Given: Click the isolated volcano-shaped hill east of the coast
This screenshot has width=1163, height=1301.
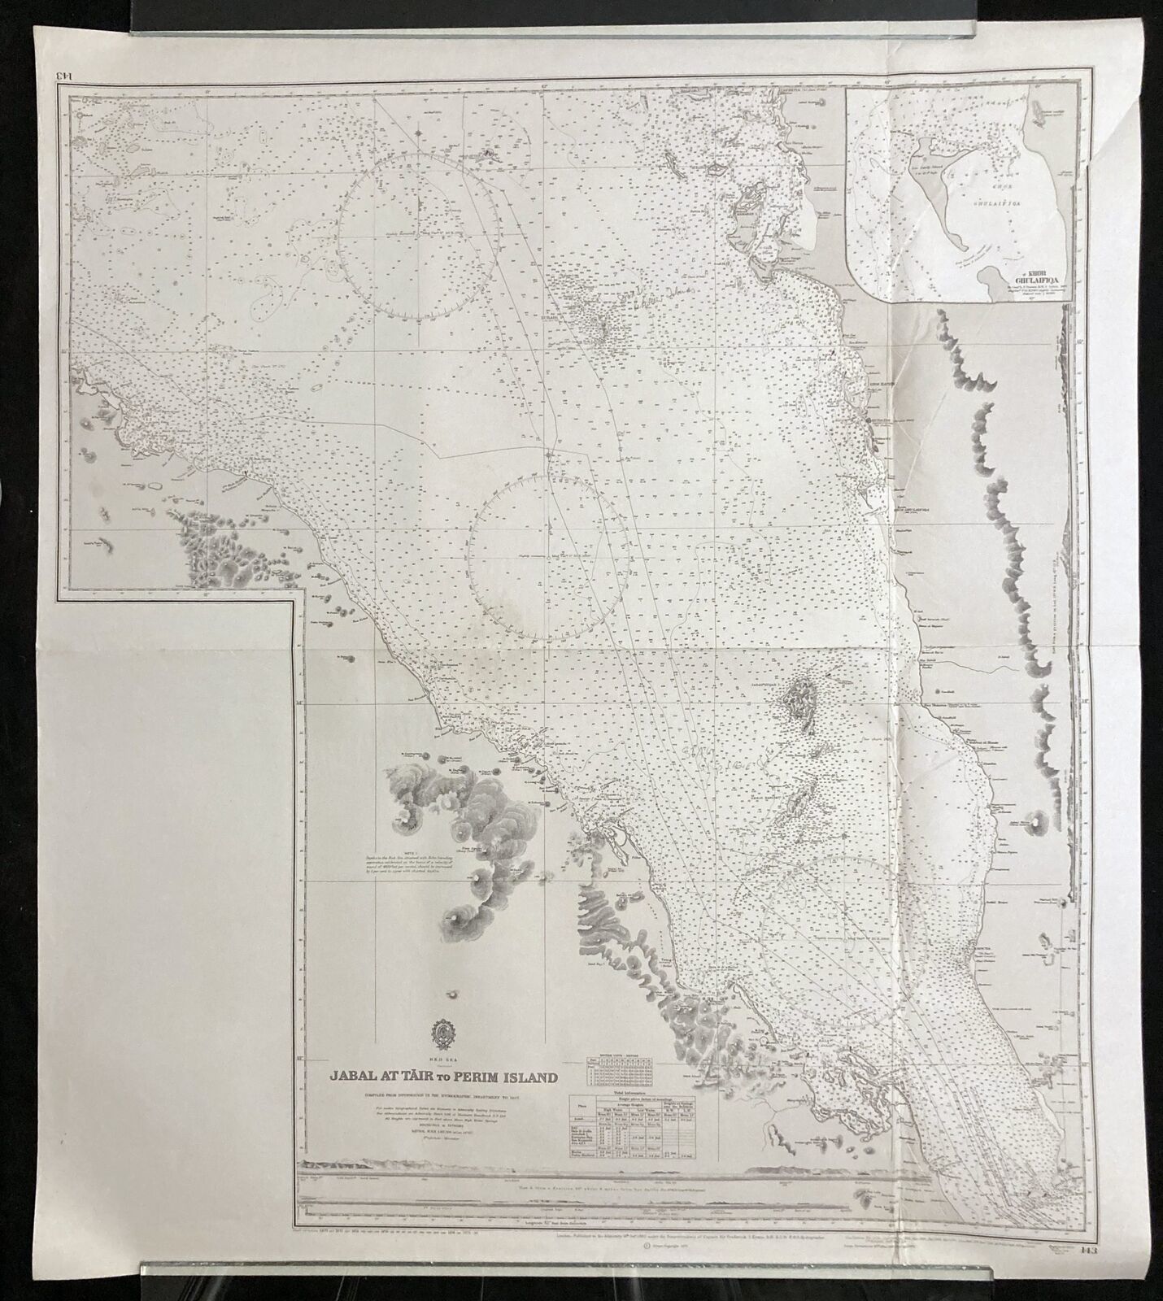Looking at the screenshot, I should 1038,823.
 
